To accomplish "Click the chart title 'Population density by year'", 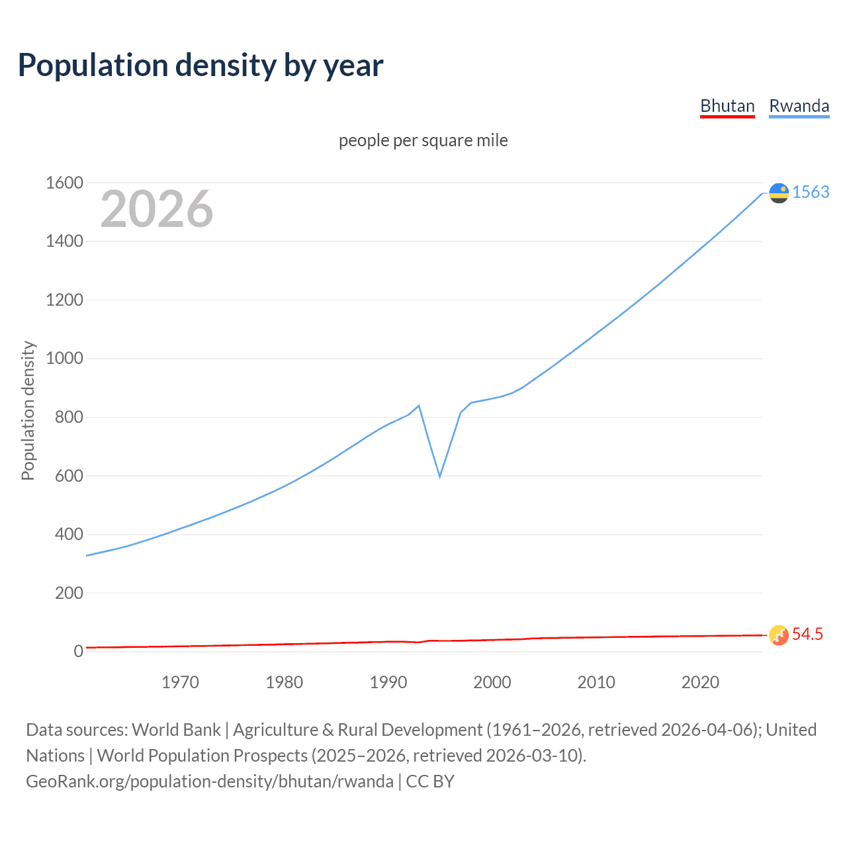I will coord(201,66).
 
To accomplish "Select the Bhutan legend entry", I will coord(727,106).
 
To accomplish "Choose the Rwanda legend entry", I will coord(799,106).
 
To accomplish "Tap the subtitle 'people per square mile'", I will coord(423,140).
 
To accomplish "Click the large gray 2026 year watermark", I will coord(157,209).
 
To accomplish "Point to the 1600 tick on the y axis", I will coord(64,183).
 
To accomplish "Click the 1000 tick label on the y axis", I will coord(64,358).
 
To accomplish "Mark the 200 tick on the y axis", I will coord(69,593).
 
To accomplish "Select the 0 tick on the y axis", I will coord(78,651).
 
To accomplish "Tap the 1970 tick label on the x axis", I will coord(180,682).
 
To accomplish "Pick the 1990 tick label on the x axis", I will coord(388,682).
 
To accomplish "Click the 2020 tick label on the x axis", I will coord(700,682).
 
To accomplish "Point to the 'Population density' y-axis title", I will coord(28,410).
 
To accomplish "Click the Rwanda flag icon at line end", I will coord(779,193).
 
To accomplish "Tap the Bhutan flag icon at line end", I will coord(779,635).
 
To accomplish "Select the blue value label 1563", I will coord(811,192).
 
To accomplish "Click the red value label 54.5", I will coord(807,634).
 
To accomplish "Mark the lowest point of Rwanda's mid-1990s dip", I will coord(439,476).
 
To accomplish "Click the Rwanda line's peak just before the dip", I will coord(419,406).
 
